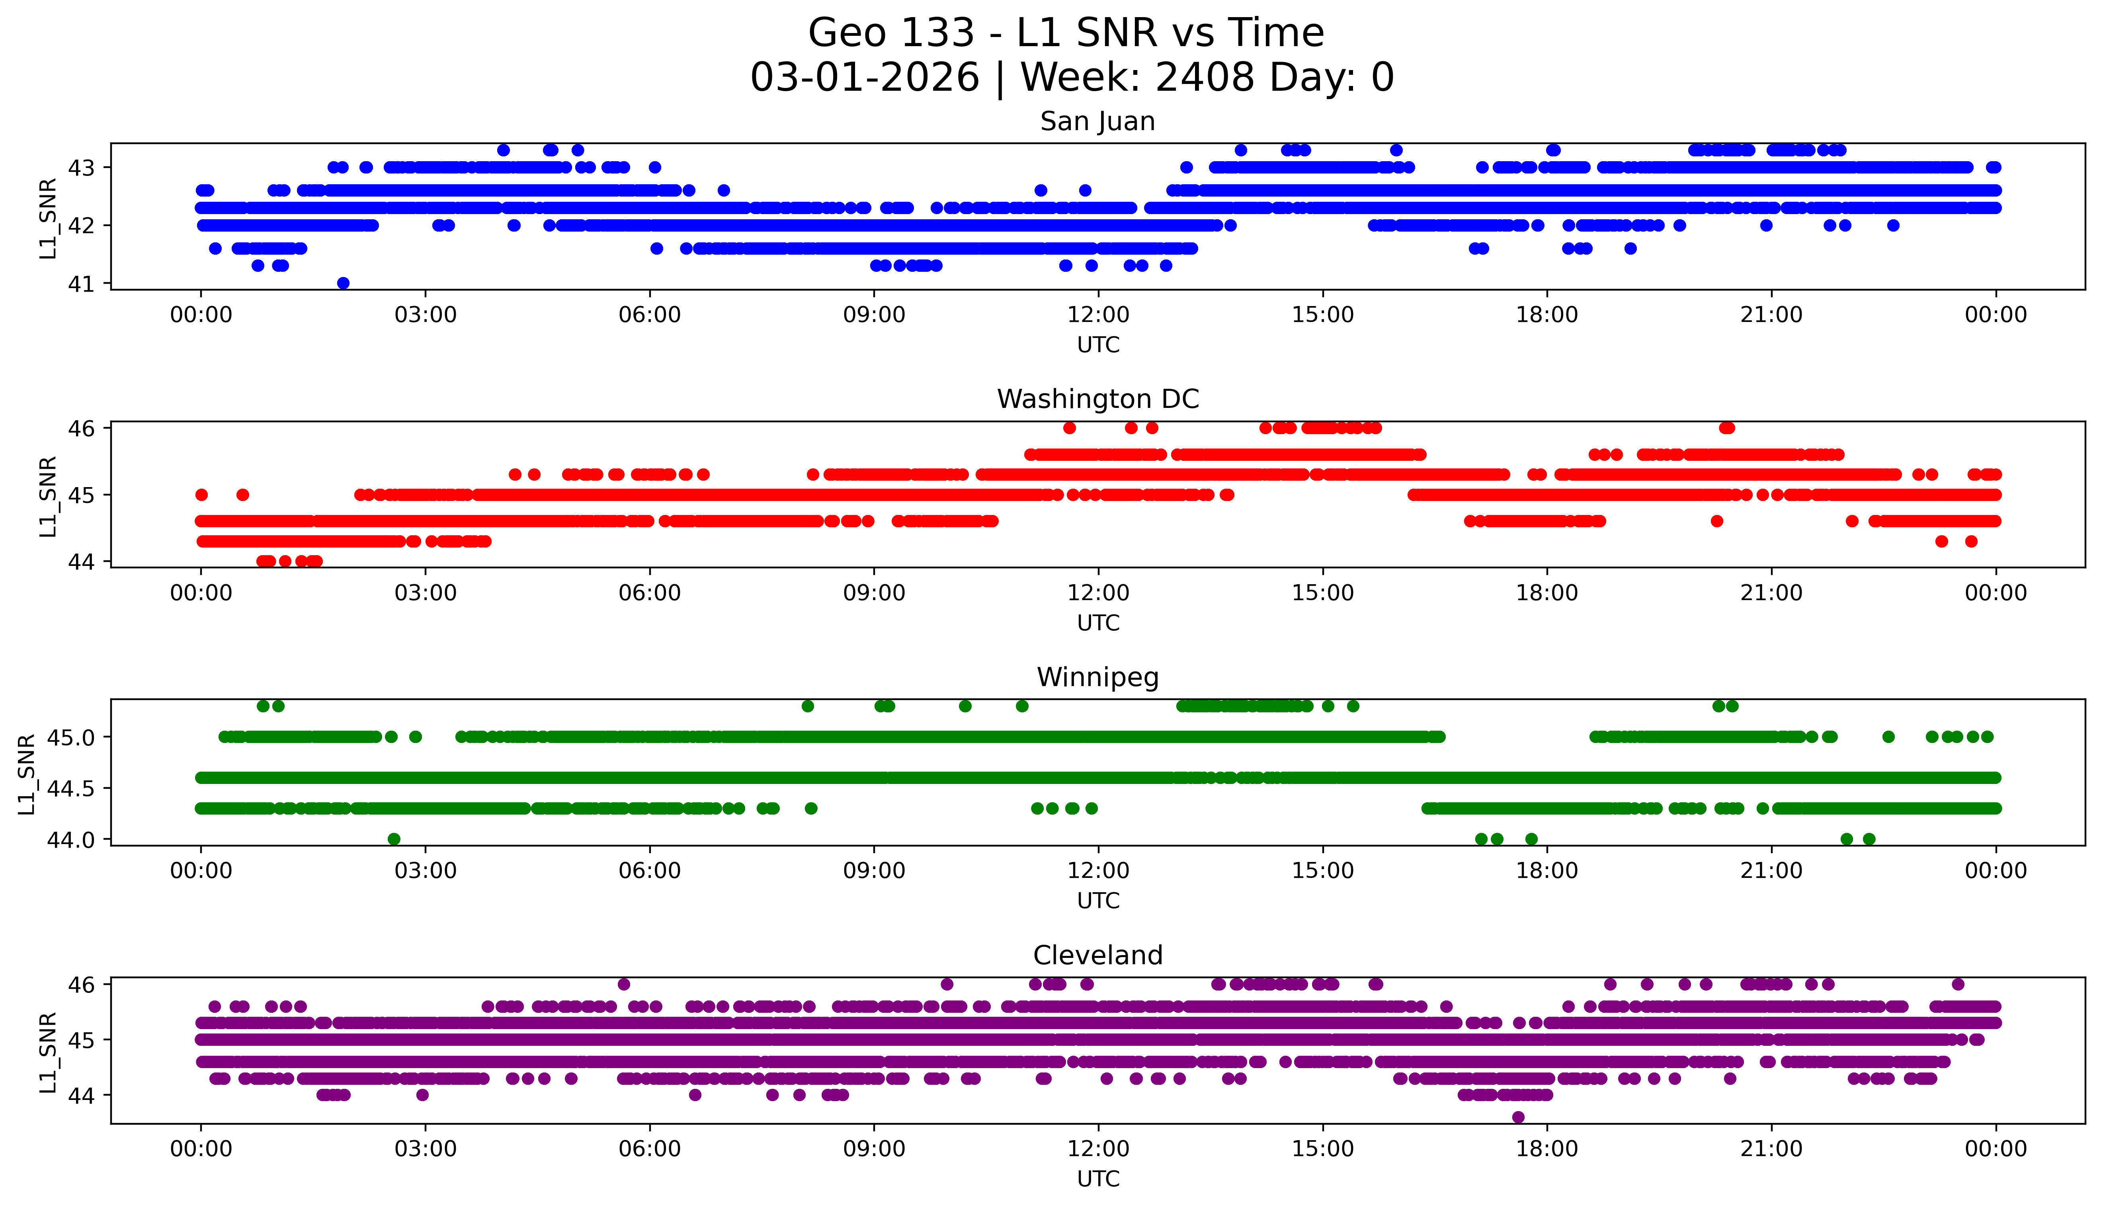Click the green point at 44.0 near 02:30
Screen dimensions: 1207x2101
(x=394, y=839)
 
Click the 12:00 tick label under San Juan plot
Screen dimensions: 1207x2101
(x=1098, y=315)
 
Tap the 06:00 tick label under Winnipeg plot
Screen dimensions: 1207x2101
(x=649, y=871)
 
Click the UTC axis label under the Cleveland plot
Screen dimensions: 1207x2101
(x=1098, y=1179)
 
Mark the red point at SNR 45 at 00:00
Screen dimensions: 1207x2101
(x=201, y=495)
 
